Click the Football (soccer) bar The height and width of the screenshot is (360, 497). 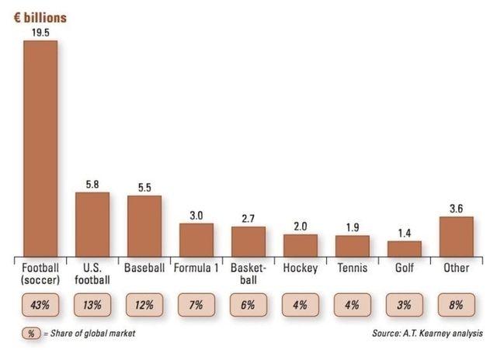click(40, 147)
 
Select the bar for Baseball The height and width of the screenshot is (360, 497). click(144, 226)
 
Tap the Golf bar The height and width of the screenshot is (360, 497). click(405, 248)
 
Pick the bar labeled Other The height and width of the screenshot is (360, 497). click(457, 236)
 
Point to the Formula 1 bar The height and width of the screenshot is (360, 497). click(196, 240)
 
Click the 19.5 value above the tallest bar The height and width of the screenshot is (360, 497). click(41, 33)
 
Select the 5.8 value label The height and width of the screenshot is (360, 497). click(92, 185)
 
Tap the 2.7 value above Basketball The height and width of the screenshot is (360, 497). click(248, 219)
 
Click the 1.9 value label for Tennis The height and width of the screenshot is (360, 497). click(353, 227)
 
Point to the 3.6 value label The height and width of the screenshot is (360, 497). click(457, 209)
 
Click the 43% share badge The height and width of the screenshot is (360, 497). click(40, 305)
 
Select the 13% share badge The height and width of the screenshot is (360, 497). click(92, 305)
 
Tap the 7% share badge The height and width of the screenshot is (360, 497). click(196, 305)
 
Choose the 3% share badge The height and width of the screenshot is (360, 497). click(405, 305)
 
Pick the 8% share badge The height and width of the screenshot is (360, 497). click(457, 305)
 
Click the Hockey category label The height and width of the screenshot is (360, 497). click(301, 268)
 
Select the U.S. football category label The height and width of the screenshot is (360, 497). click(92, 274)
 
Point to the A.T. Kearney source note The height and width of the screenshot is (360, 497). click(428, 334)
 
